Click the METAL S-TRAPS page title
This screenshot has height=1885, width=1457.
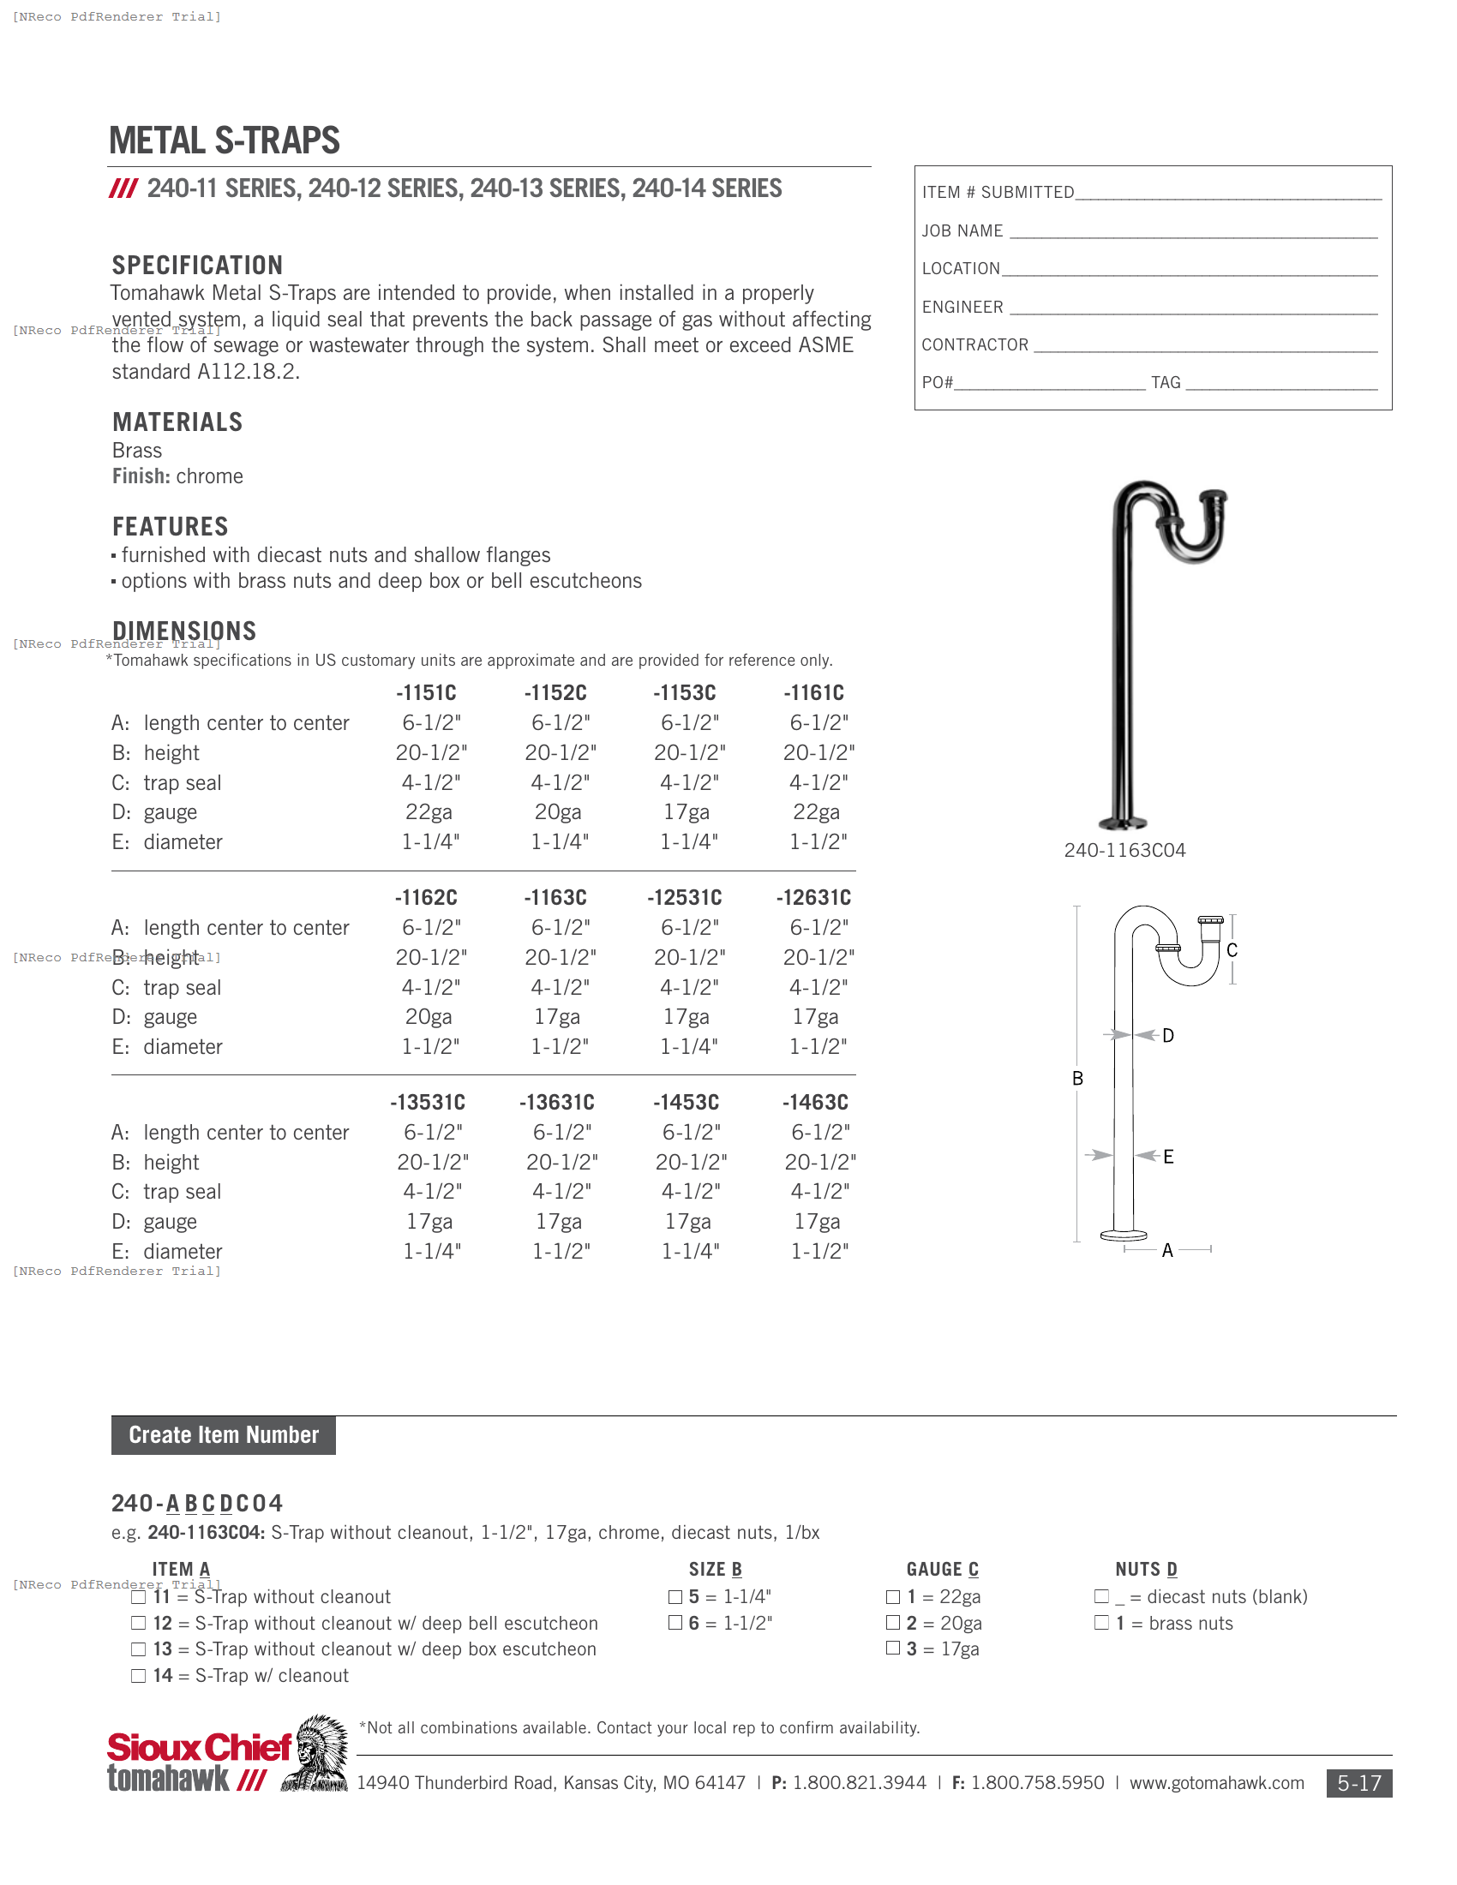(225, 141)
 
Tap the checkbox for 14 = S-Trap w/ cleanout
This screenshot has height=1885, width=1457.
(138, 1676)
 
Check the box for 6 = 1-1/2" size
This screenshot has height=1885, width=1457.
(675, 1623)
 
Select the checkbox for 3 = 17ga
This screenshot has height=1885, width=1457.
(893, 1649)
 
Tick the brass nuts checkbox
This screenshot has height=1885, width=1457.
(1101, 1623)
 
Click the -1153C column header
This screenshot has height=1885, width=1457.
(685, 693)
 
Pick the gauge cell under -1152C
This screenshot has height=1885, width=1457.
(558, 812)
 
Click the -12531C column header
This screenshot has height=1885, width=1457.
(685, 898)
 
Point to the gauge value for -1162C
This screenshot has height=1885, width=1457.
(429, 1017)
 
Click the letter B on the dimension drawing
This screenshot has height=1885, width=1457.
(1077, 1078)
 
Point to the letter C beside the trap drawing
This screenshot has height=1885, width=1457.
(1232, 950)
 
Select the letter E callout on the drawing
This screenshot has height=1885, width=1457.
(1168, 1157)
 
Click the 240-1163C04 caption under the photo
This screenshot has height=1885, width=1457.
(1124, 850)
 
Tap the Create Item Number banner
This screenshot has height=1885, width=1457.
(224, 1435)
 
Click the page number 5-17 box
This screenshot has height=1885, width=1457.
(1358, 1783)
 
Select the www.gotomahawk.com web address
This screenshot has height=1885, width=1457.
(1216, 1783)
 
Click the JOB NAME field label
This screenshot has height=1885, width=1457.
(962, 231)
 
